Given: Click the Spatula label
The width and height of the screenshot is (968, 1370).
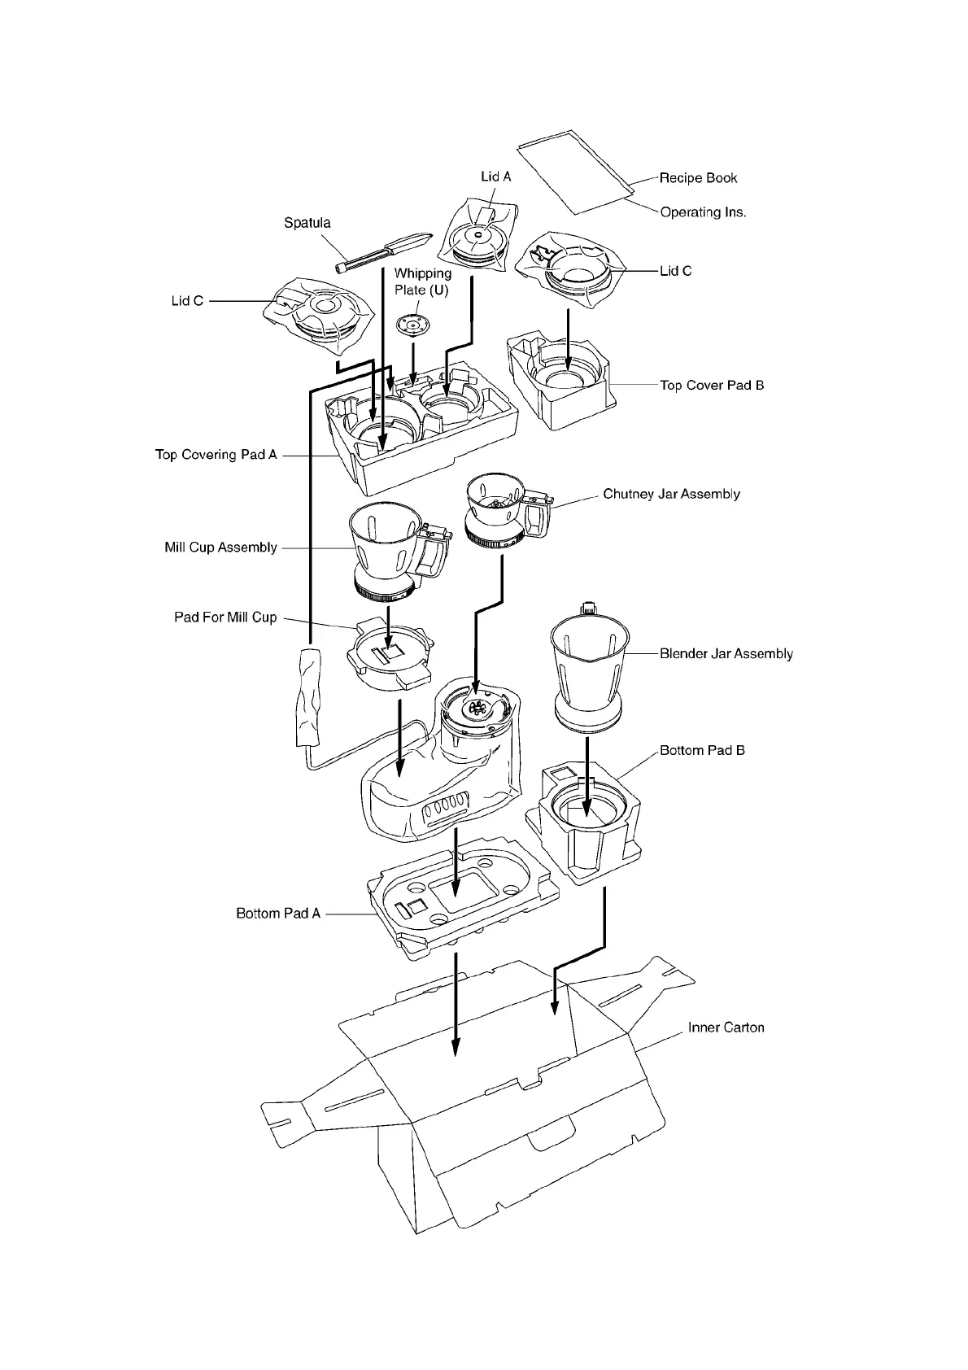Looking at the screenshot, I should click(x=307, y=223).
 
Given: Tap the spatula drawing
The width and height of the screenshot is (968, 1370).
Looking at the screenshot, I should click(x=382, y=253).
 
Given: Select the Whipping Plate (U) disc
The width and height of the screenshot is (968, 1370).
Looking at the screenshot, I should click(x=412, y=325).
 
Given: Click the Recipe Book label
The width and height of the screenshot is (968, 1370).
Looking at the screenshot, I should click(x=698, y=178).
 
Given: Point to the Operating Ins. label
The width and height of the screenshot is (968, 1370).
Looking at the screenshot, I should click(x=703, y=212).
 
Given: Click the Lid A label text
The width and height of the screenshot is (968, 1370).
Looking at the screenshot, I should click(x=495, y=177).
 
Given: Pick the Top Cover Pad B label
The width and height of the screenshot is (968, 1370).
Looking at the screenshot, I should click(x=712, y=386).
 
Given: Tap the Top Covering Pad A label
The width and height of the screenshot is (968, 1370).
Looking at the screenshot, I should click(x=216, y=455).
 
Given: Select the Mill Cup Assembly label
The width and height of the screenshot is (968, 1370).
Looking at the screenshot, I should click(x=220, y=548).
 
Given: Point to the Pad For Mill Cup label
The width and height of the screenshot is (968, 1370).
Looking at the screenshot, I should click(x=225, y=617).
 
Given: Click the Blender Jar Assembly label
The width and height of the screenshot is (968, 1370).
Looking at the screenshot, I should click(x=726, y=653).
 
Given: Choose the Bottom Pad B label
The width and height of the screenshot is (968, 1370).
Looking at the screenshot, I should click(x=702, y=750).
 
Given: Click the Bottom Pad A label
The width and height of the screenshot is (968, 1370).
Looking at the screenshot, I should click(x=278, y=914).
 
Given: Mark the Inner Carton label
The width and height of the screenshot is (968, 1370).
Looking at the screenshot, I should click(x=726, y=1027).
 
